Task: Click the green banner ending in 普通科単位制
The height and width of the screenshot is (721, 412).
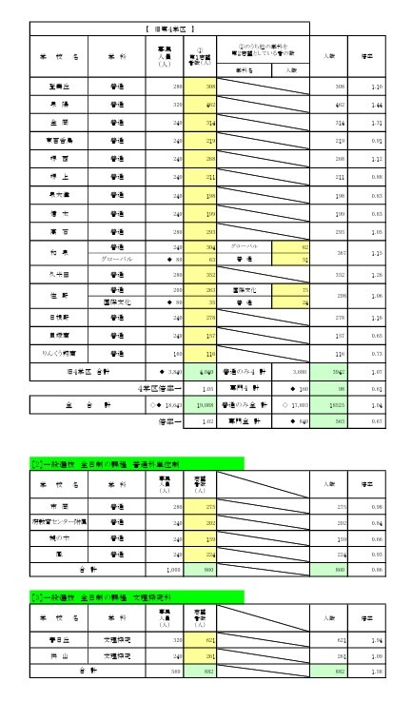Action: tap(138, 463)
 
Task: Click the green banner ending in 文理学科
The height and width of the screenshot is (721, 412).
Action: tap(138, 596)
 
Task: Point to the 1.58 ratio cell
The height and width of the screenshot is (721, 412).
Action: tap(377, 672)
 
